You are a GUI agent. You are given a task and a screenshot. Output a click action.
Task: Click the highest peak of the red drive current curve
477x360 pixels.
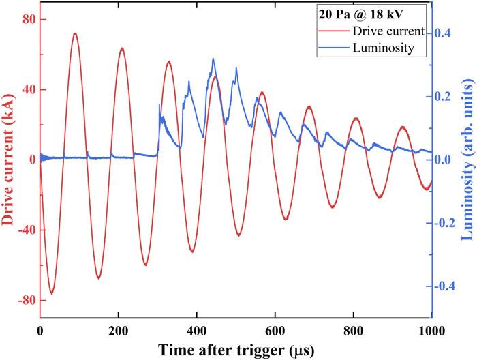pos(75,33)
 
